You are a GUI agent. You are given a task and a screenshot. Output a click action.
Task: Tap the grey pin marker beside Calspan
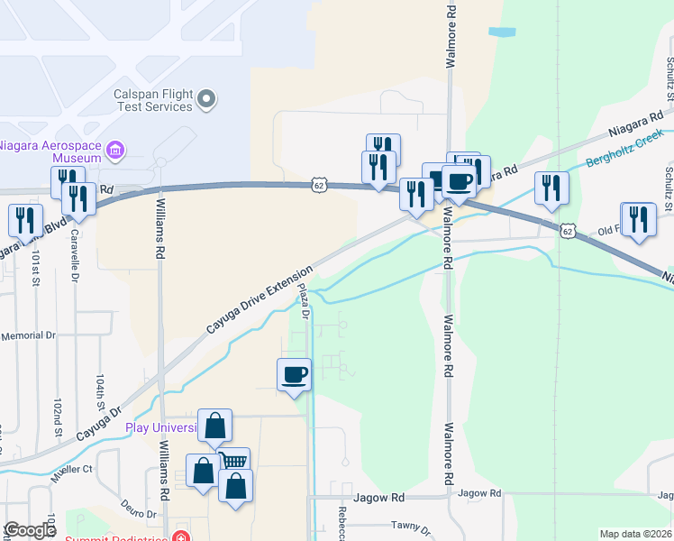coord(207,98)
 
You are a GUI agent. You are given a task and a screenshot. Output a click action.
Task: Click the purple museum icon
coord(114,149)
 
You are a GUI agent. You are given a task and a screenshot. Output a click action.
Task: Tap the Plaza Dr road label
coord(304,303)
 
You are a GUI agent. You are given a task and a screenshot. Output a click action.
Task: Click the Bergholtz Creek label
coord(624,150)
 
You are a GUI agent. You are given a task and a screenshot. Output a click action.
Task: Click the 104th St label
coord(101,393)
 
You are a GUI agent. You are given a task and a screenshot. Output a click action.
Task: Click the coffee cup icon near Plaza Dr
coord(295,373)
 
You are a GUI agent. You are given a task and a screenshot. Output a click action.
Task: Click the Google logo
coord(31,529)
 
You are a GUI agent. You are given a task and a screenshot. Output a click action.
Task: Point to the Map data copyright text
coord(635,534)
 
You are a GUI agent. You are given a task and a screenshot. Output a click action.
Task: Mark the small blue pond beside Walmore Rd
coord(502,32)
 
